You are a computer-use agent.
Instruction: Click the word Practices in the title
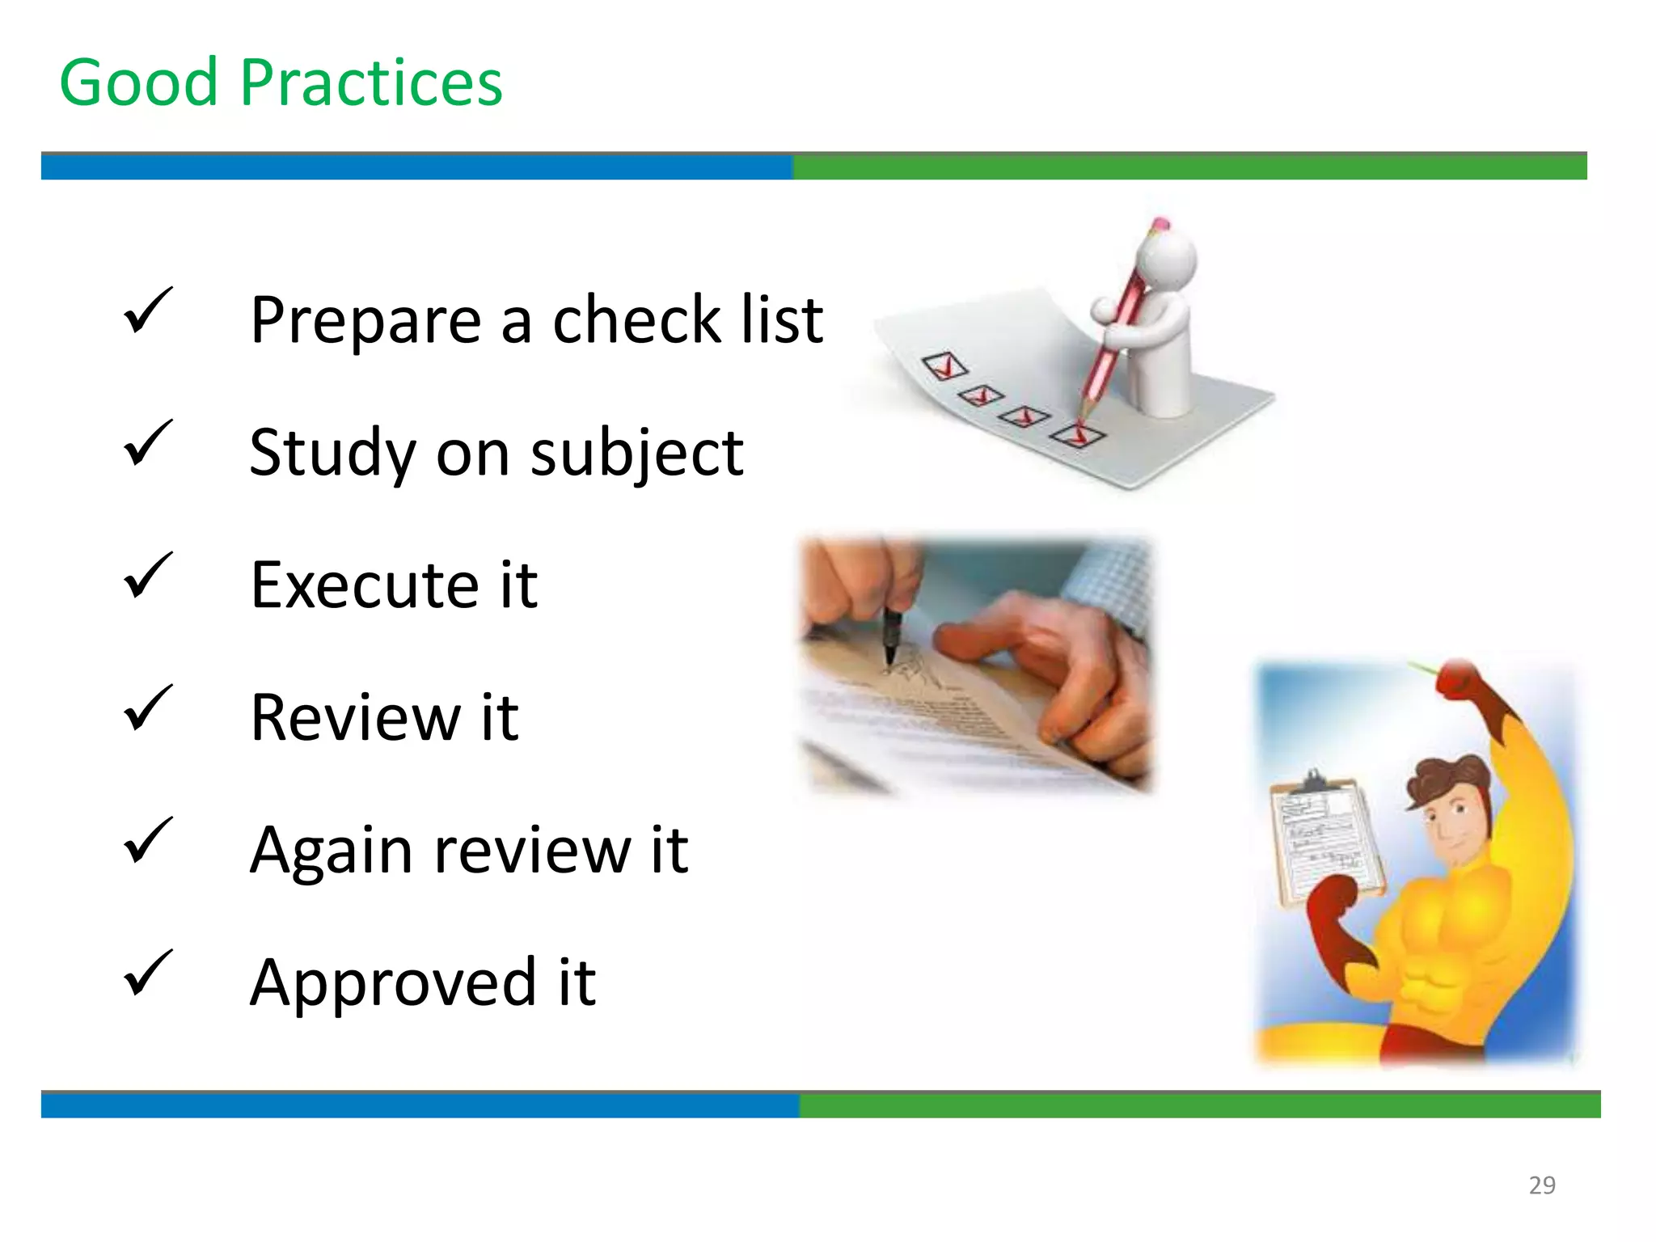pos(371,83)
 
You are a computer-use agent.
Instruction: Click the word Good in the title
pos(139,83)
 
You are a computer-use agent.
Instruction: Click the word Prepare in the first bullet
pos(365,321)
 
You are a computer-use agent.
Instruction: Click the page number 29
pos(1542,1185)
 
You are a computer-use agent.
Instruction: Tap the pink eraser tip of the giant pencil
pos(1160,223)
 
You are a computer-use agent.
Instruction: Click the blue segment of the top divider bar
pos(416,167)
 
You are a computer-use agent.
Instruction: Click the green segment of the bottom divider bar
pos(1199,1105)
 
